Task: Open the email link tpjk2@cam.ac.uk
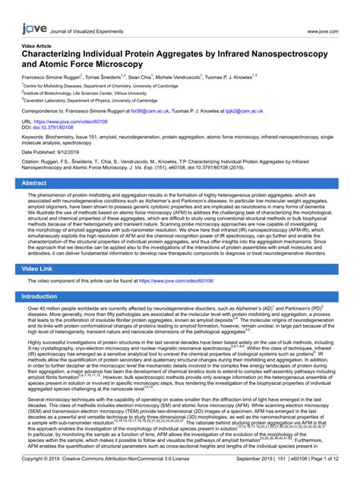tap(251, 111)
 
